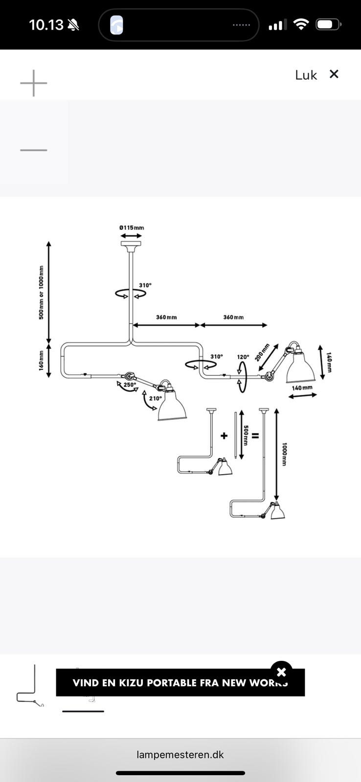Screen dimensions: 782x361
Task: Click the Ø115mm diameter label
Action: tap(132, 228)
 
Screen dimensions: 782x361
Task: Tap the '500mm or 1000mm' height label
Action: tap(42, 292)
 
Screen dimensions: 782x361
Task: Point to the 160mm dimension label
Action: tap(42, 361)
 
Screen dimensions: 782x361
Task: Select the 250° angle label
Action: tap(130, 385)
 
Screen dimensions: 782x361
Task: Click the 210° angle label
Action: tap(156, 398)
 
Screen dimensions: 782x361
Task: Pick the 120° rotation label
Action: tap(243, 357)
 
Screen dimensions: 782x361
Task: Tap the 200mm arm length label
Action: tap(262, 353)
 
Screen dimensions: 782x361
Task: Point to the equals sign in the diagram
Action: tap(255, 435)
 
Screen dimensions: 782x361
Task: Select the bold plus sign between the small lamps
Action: tap(224, 435)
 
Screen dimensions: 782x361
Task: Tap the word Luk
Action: tap(306, 75)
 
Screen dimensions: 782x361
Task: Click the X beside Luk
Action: tap(334, 74)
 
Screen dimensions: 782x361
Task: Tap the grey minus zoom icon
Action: tap(33, 150)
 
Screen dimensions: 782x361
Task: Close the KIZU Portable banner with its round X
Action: tap(281, 673)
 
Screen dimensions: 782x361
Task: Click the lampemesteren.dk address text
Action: tap(180, 755)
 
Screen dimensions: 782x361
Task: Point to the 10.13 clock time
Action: tap(46, 25)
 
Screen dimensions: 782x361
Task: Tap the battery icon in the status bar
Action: tap(327, 24)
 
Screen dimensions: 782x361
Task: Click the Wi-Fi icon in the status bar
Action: tap(301, 24)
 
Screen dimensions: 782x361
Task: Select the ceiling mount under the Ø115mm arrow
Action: tap(131, 244)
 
